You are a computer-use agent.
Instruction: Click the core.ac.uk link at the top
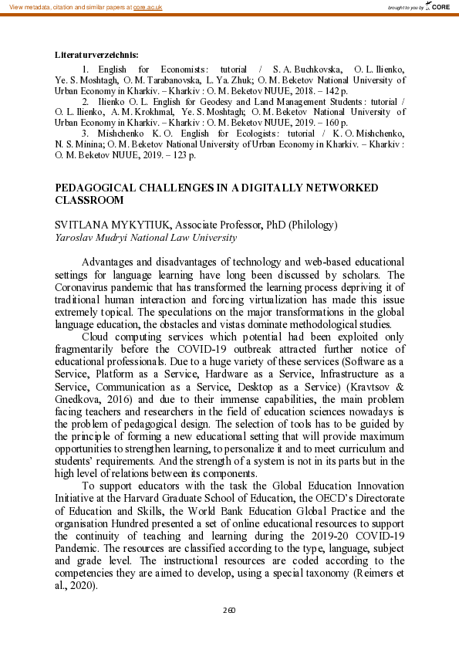[x=146, y=6]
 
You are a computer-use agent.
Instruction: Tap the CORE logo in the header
[x=440, y=6]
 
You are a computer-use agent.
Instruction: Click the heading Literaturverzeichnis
[x=96, y=54]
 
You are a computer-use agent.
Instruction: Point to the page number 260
[x=229, y=610]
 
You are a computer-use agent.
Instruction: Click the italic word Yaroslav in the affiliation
[x=74, y=238]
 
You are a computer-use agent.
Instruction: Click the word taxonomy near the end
[x=323, y=573]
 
